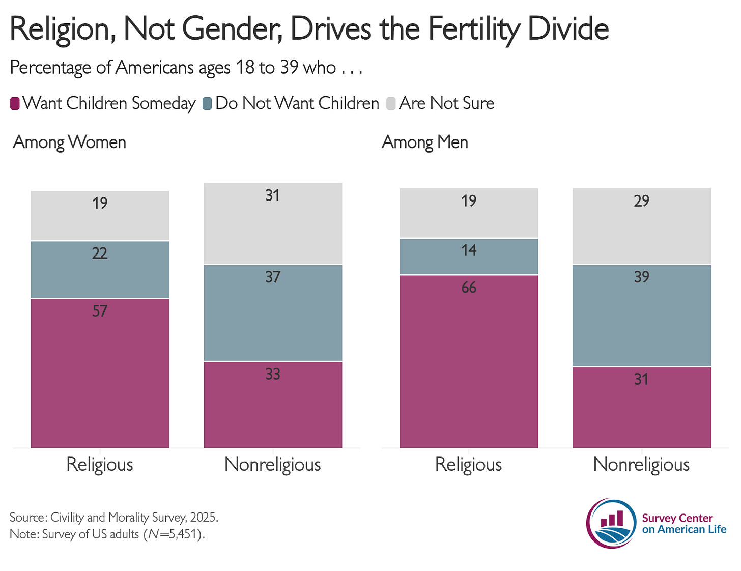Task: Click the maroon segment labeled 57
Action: pos(100,373)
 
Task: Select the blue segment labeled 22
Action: pos(100,269)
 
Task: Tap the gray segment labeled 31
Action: pos(273,223)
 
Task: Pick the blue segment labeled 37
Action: pos(273,312)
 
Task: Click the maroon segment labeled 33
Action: pos(273,405)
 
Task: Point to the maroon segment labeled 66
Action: pos(469,361)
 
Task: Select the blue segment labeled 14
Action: pos(469,256)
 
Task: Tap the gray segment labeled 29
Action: pos(641,226)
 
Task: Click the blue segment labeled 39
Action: pos(641,315)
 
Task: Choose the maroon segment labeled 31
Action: pos(641,407)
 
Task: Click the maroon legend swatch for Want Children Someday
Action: pos(15,103)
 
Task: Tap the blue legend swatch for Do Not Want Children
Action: pos(207,103)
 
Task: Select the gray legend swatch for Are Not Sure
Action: pos(391,103)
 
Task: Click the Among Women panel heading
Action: pos(69,142)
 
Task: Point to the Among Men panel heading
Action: pos(424,142)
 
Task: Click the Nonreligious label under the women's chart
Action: pos(273,465)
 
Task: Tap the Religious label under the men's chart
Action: pos(469,465)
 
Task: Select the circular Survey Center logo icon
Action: pos(611,523)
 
